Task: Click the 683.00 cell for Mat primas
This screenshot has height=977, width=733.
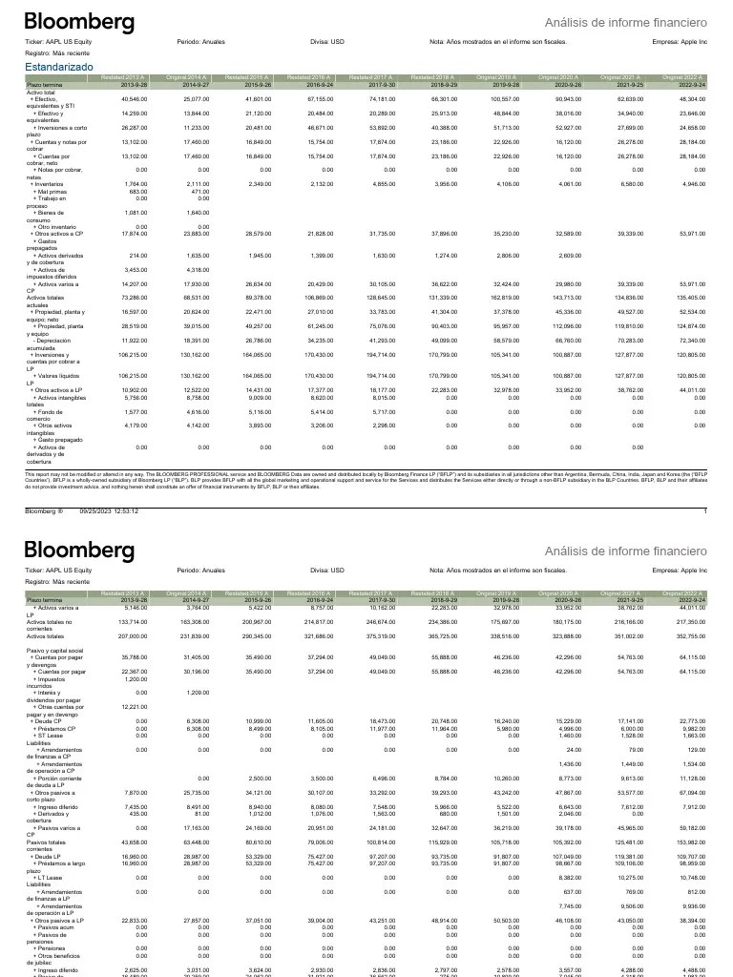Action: pyautogui.click(x=136, y=191)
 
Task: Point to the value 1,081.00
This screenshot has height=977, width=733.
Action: pyautogui.click(x=135, y=213)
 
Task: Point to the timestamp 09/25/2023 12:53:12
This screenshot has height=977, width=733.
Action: pyautogui.click(x=109, y=512)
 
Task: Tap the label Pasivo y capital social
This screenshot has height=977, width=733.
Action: pyautogui.click(x=55, y=650)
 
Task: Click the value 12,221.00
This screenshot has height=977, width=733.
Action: pyautogui.click(x=135, y=707)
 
